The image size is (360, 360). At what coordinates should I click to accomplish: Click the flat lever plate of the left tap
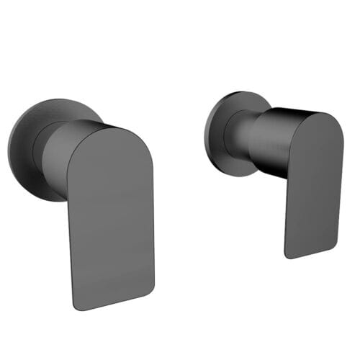(112, 216)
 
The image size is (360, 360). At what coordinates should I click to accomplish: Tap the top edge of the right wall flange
(234, 92)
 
